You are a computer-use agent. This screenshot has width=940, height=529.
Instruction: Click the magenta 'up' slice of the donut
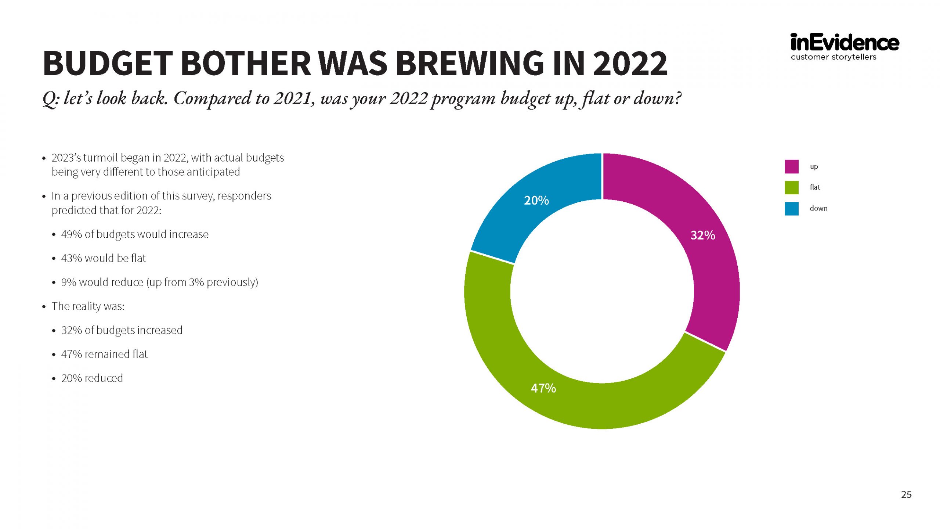click(698, 264)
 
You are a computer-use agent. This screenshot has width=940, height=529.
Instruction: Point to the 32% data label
click(703, 235)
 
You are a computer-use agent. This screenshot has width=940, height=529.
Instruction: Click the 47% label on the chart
click(543, 388)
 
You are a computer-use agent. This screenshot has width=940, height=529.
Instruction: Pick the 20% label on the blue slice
click(536, 200)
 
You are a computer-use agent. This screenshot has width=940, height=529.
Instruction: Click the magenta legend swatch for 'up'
click(792, 166)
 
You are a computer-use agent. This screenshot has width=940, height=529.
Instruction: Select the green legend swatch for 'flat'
click(792, 187)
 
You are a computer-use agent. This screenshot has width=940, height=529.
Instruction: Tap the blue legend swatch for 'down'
click(792, 209)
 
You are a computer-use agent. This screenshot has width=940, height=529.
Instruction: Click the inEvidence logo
click(845, 43)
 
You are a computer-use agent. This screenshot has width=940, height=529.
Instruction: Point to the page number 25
click(906, 494)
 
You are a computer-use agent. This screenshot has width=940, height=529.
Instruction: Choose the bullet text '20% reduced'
click(92, 378)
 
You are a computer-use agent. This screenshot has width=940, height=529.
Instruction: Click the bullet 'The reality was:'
click(88, 306)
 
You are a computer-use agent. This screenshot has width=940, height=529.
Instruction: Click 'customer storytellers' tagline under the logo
click(834, 57)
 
